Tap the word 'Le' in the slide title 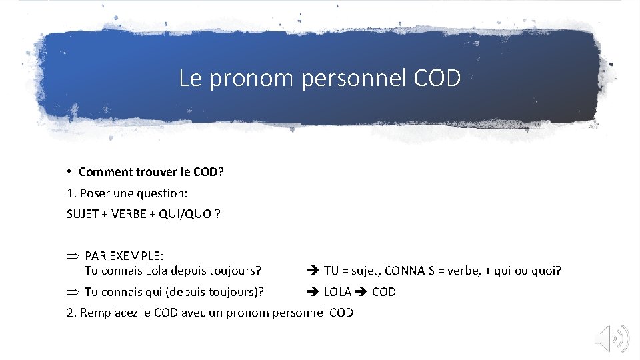[190, 79]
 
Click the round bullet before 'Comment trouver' [69, 171]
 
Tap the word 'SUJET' [83, 215]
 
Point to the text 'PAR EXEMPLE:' [124, 257]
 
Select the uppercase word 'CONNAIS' [424, 271]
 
